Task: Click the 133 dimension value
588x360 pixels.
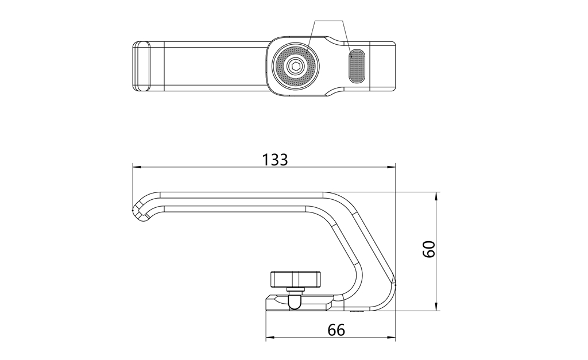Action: tap(274, 160)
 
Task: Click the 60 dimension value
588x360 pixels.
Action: tap(428, 249)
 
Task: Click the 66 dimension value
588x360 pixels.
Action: tap(336, 330)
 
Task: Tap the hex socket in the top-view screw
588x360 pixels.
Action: tap(296, 67)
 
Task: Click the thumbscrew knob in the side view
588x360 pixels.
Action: tap(296, 278)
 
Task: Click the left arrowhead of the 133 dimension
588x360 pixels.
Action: tap(137, 167)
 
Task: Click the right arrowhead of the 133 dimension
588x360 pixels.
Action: tap(392, 167)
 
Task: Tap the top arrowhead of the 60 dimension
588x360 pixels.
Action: tap(436, 196)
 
